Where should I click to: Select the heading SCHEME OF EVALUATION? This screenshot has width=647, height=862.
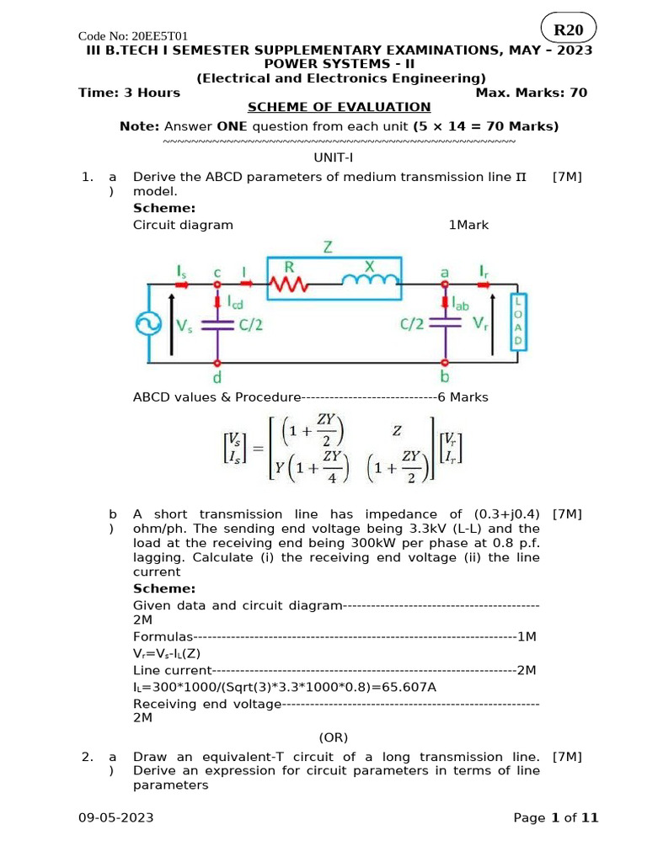click(339, 107)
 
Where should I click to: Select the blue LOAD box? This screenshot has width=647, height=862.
click(520, 322)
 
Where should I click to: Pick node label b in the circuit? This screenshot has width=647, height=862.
click(446, 378)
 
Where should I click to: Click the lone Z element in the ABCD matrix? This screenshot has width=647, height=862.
click(396, 430)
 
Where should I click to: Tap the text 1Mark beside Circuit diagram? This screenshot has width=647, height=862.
click(468, 225)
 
